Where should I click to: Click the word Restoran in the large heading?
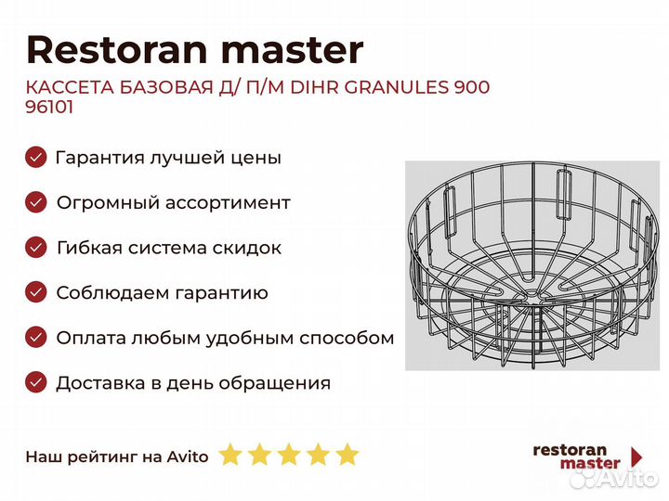click(x=117, y=50)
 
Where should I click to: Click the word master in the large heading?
click(x=293, y=51)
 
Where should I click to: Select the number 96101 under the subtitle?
click(x=49, y=107)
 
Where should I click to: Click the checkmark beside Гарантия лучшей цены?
click(x=36, y=157)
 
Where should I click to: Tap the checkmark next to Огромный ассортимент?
click(x=36, y=202)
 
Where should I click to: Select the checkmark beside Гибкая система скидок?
click(x=36, y=248)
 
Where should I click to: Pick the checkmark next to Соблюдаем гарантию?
click(x=36, y=292)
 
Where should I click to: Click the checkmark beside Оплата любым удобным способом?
click(x=36, y=338)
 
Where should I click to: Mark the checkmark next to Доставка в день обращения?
click(x=36, y=382)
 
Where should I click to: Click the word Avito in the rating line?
click(x=188, y=456)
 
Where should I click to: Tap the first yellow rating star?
click(x=230, y=454)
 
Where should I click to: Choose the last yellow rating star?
click(x=347, y=454)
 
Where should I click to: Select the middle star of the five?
click(x=289, y=454)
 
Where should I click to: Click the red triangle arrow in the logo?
click(x=636, y=457)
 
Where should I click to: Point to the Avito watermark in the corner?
click(x=614, y=478)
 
